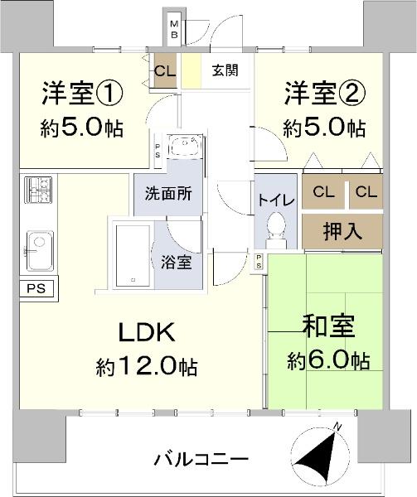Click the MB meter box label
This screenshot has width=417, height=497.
pyautogui.click(x=174, y=29)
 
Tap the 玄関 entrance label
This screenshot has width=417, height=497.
pyautogui.click(x=225, y=70)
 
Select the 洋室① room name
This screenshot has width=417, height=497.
pyautogui.click(x=82, y=94)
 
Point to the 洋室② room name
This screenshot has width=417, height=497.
pyautogui.click(x=325, y=94)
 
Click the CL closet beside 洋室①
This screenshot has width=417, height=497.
pyautogui.click(x=165, y=71)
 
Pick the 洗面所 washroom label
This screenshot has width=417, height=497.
pyautogui.click(x=168, y=194)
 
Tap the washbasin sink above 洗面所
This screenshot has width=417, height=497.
pyautogui.click(x=185, y=146)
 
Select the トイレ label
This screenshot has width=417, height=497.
pyautogui.click(x=276, y=200)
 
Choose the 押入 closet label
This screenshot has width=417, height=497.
pyautogui.click(x=342, y=231)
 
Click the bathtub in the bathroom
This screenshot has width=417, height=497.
pyautogui.click(x=133, y=256)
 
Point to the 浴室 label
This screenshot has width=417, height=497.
pyautogui.click(x=177, y=262)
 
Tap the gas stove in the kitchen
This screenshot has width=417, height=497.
pyautogui.click(x=38, y=190)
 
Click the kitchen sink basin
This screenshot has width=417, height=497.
pyautogui.click(x=40, y=250)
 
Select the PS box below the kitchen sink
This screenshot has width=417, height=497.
pyautogui.click(x=36, y=289)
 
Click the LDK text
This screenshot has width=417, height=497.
pyautogui.click(x=147, y=332)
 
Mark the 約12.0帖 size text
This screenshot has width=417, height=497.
pyautogui.click(x=147, y=367)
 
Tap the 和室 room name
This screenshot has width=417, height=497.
pyautogui.click(x=328, y=326)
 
